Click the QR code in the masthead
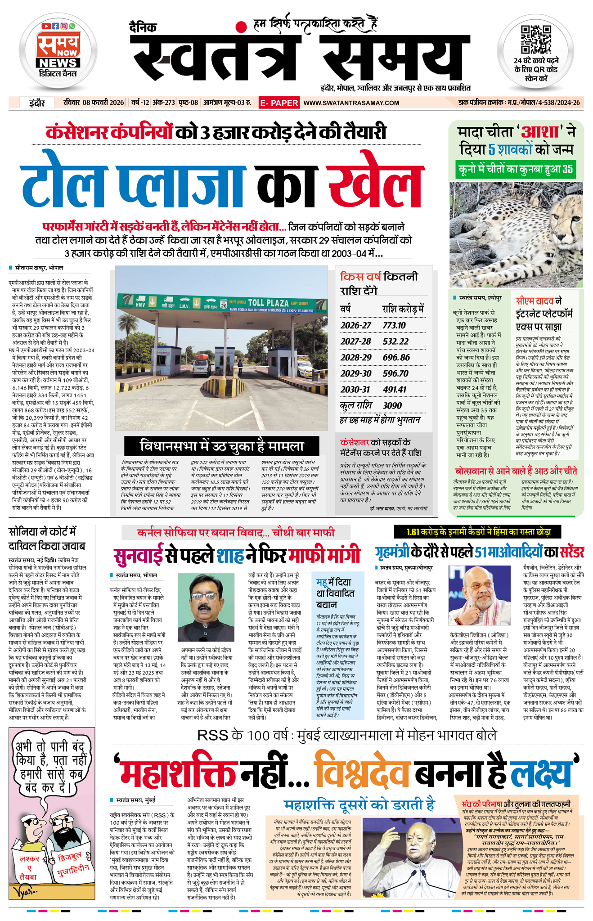click(x=535, y=40)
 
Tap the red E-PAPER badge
click(x=279, y=103)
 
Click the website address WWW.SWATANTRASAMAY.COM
click(x=351, y=103)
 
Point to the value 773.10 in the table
click(x=394, y=325)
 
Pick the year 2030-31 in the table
click(x=355, y=389)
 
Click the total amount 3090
click(x=392, y=405)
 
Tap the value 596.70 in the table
click(x=395, y=373)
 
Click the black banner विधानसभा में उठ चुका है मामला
click(x=222, y=446)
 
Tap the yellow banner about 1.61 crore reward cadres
click(x=478, y=532)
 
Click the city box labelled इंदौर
click(x=37, y=103)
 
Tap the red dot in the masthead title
click(x=242, y=27)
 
